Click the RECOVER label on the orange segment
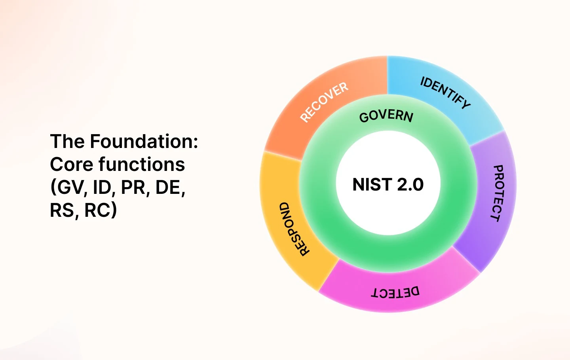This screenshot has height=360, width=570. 324,102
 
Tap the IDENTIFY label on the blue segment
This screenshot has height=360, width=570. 445,92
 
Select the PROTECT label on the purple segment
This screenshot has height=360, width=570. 498,193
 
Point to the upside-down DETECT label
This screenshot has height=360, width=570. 395,292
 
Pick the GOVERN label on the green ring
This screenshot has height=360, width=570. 386,116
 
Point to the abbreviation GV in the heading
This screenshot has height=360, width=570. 70,187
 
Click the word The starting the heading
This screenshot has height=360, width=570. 67,141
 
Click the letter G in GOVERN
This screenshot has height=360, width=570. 364,117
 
